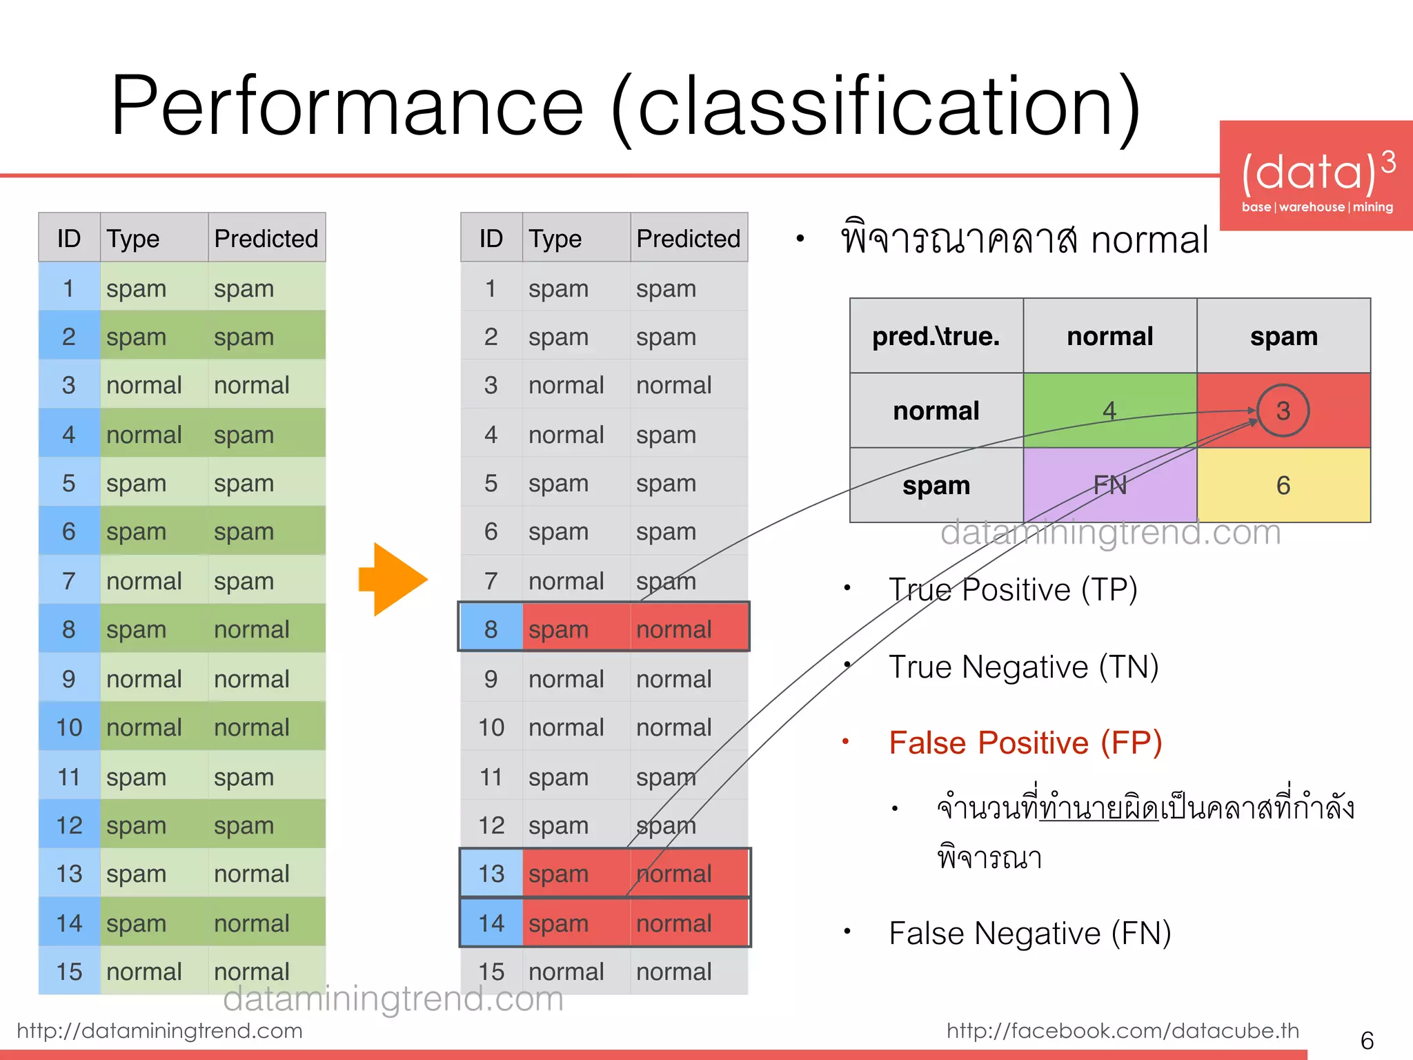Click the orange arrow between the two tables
(392, 579)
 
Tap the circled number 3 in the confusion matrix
(1283, 411)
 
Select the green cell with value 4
(1109, 411)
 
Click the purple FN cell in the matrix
(1109, 485)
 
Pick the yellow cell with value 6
(1283, 485)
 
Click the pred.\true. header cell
(936, 336)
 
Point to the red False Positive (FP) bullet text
(1025, 743)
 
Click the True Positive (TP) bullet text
(1013, 590)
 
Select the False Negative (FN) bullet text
(1029, 934)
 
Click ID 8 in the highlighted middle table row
(491, 629)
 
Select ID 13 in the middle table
(491, 874)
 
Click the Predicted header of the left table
(266, 238)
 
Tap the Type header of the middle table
(555, 238)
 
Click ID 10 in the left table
(69, 727)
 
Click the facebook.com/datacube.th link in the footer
(1123, 1030)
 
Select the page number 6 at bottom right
(1366, 1040)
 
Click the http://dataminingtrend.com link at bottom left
(159, 1030)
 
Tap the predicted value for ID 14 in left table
(251, 923)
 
